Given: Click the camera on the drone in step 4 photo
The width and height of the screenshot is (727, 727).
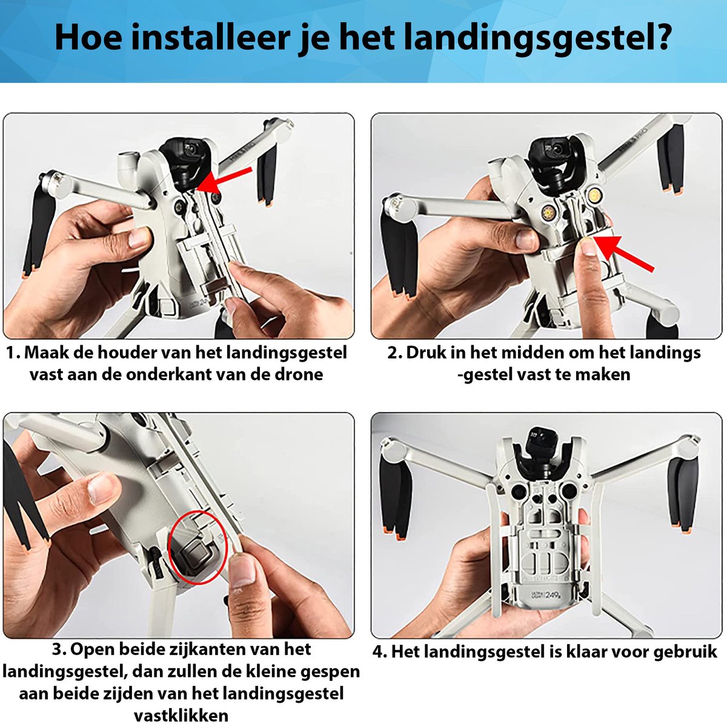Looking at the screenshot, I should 537,435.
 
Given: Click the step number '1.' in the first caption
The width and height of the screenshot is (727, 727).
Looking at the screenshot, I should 13,353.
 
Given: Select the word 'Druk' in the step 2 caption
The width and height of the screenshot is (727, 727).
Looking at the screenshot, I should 428,353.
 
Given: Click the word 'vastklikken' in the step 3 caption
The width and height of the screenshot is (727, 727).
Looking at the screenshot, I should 181,715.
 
